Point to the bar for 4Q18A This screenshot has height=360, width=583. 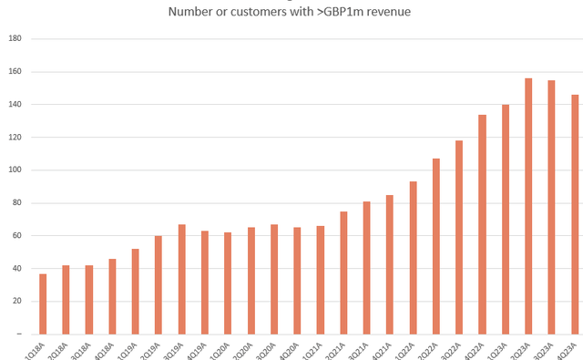(x=112, y=296)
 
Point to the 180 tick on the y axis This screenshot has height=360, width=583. (x=15, y=39)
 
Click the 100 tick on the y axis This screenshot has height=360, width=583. (x=15, y=170)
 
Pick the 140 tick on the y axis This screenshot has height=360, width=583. (x=15, y=105)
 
